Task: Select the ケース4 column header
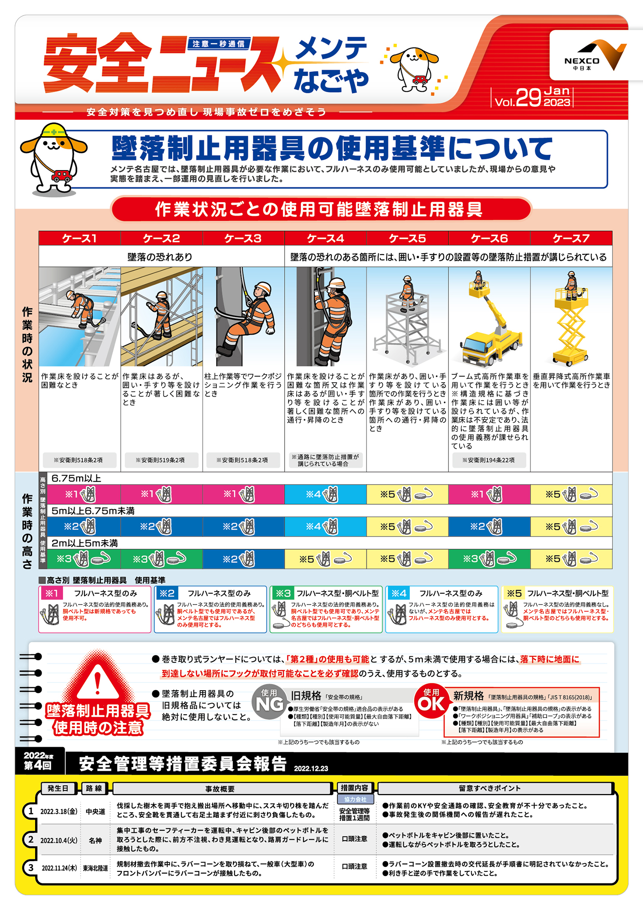coord(325,238)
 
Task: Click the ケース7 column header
coord(571,238)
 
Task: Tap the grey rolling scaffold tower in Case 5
coord(407,321)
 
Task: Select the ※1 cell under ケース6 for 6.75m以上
coord(489,494)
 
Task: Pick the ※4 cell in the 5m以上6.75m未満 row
coord(325,527)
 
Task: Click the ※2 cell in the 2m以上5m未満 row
coord(243,559)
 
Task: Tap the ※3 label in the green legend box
coord(282,593)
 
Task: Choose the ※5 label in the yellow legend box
coord(514,593)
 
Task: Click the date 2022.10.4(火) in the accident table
coord(59,840)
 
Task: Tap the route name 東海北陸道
coord(95,868)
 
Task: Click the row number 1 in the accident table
coord(31,811)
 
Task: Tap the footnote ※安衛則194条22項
coord(488,460)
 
